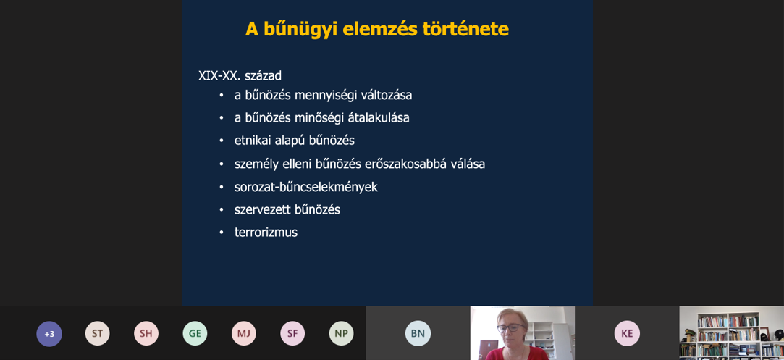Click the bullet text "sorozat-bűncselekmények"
[x=306, y=187]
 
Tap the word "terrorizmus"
[x=266, y=233]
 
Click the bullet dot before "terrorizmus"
[x=222, y=233]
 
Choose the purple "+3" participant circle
[x=49, y=333]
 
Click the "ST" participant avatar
[x=98, y=333]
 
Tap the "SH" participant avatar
[x=146, y=333]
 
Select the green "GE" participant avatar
[x=195, y=333]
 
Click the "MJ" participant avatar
[x=243, y=333]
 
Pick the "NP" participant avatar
[x=342, y=333]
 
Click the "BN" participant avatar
[x=418, y=333]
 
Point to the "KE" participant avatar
[x=627, y=333]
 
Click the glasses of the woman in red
[x=512, y=328]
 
